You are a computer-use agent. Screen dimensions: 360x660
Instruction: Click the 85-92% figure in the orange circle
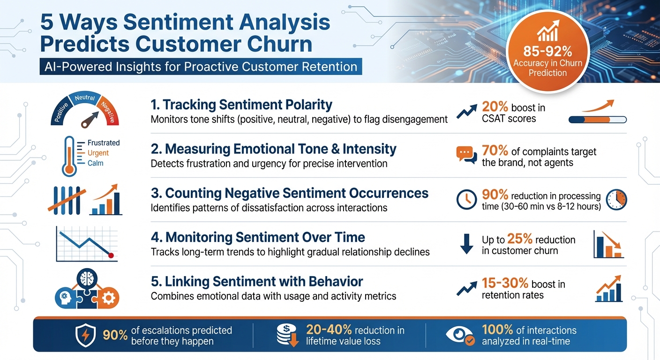click(547, 51)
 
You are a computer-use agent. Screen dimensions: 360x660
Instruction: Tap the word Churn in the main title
click(276, 44)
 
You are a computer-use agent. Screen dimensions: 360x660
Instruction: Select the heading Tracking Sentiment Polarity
click(241, 105)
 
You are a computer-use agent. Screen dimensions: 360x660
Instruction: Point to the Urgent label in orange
click(98, 153)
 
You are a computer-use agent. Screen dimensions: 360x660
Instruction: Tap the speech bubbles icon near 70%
click(466, 154)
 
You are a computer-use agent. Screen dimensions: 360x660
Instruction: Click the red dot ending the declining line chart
click(112, 255)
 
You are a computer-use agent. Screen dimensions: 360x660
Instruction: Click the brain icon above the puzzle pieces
click(88, 278)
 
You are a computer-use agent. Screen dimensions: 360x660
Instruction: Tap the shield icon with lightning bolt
click(86, 336)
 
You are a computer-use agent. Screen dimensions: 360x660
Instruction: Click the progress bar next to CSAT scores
click(597, 120)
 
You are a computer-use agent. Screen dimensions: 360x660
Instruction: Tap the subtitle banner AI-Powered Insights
click(201, 66)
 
